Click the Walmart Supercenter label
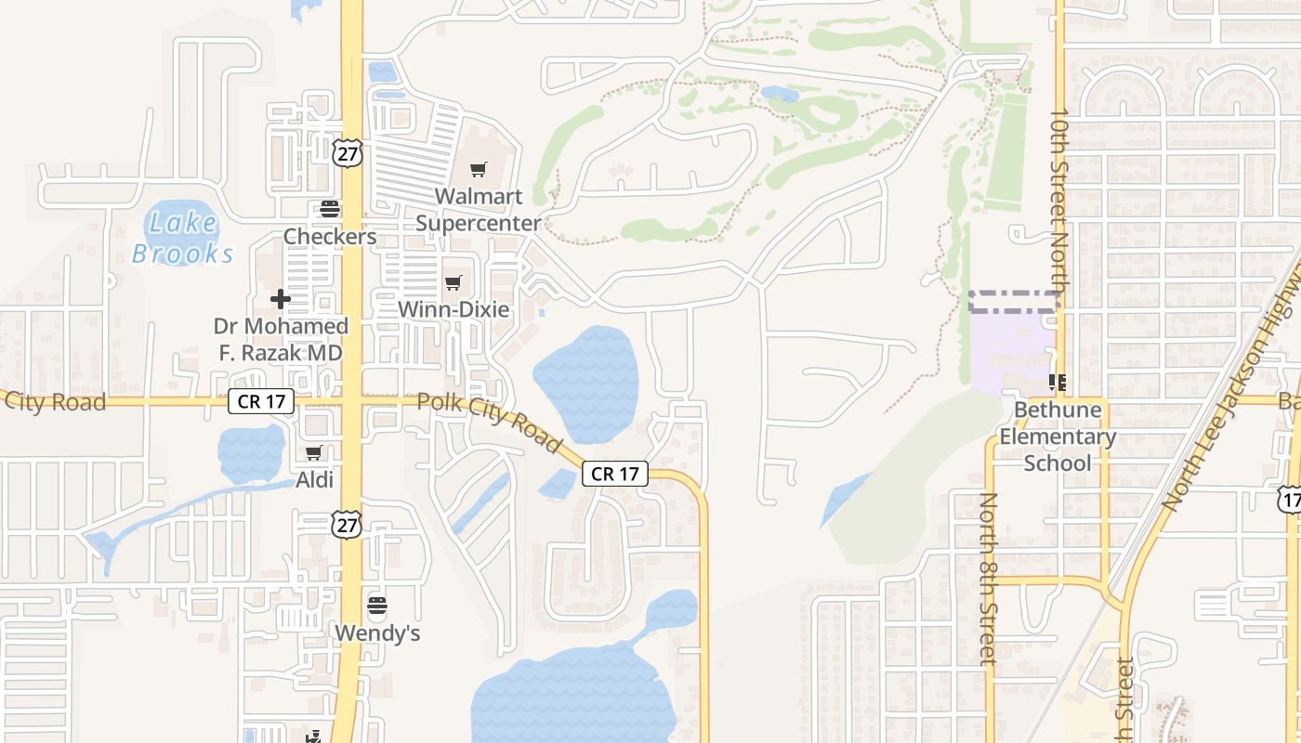click(478, 210)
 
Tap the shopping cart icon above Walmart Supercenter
click(478, 169)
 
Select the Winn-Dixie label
click(453, 309)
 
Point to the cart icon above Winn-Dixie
click(453, 282)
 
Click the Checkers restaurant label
click(330, 237)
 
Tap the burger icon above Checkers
click(330, 208)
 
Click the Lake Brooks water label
click(183, 238)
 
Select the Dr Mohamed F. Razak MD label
click(281, 340)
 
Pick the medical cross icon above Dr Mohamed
click(280, 299)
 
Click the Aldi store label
click(314, 480)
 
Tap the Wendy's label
click(377, 633)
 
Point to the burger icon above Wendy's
click(377, 606)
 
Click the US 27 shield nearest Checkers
click(347, 152)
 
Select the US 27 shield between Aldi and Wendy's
click(347, 525)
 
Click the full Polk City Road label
click(489, 423)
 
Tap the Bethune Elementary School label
click(1058, 437)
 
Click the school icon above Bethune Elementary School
click(1058, 382)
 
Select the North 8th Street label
click(988, 579)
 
